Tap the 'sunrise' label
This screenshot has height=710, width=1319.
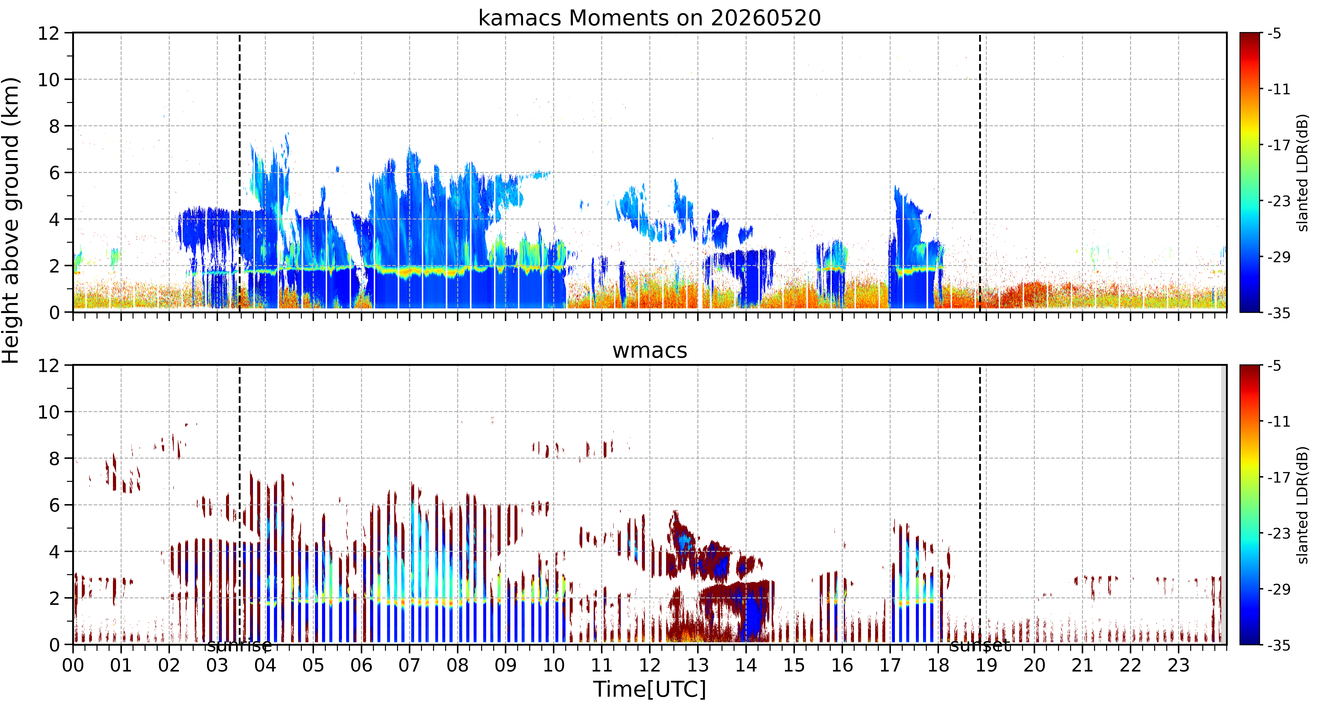(x=239, y=646)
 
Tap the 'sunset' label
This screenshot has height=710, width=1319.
(x=980, y=646)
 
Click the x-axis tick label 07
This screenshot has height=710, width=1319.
(x=409, y=665)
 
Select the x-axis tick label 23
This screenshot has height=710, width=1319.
(x=1178, y=665)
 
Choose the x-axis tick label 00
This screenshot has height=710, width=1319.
(x=73, y=665)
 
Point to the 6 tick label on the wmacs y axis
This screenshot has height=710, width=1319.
(x=54, y=505)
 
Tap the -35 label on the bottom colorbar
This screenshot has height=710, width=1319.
(x=1279, y=645)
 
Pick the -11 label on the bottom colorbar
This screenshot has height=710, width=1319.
(x=1279, y=422)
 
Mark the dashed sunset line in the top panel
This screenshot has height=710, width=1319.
(x=980, y=172)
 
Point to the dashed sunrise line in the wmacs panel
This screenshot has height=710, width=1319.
(x=239, y=505)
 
